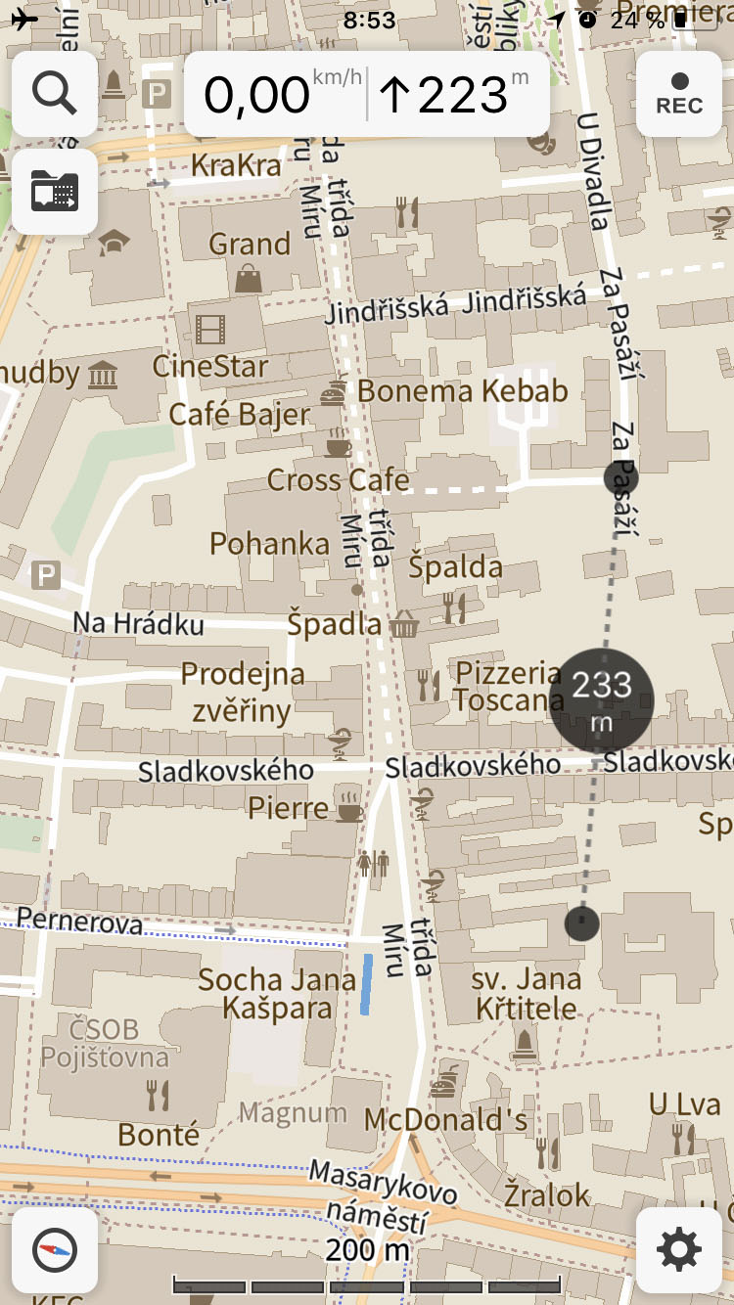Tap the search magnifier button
pos(55,93)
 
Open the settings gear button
pos(679,1249)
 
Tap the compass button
pos(55,1249)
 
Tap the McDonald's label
pos(445,1119)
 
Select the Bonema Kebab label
pos(462,391)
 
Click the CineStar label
pos(210,367)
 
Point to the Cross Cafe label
pos(338,480)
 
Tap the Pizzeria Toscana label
pos(509,687)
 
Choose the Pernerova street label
pos(79,922)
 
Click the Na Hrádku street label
pos(138,623)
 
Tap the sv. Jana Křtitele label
pos(527,993)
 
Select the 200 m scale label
pos(367,1249)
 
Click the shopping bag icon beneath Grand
pos(249,278)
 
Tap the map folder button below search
pos(55,191)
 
